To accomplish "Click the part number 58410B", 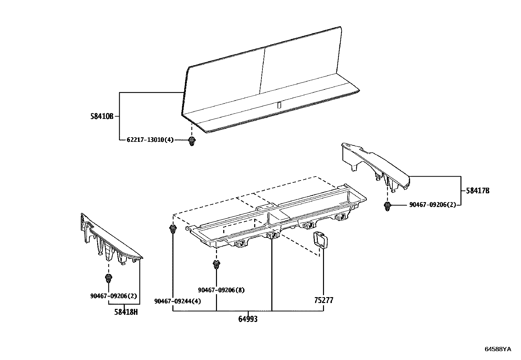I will tap(102, 116).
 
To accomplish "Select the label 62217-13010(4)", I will tap(150, 140).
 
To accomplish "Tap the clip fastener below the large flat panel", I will tap(192, 142).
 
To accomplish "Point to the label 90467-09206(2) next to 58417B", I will tap(432, 205).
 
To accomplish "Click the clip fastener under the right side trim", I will tap(387, 206).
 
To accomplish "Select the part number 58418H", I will tap(126, 312).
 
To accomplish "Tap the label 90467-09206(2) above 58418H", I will tap(113, 296).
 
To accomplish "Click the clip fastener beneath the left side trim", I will tap(109, 279).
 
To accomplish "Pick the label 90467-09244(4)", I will tap(177, 301).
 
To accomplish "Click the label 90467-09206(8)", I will tap(221, 290).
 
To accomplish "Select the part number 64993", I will tap(248, 319).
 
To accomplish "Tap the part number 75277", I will tap(324, 300).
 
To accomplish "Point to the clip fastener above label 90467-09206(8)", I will tap(216, 264).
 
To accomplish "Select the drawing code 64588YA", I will tap(497, 349).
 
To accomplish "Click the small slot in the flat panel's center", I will tap(279, 105).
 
